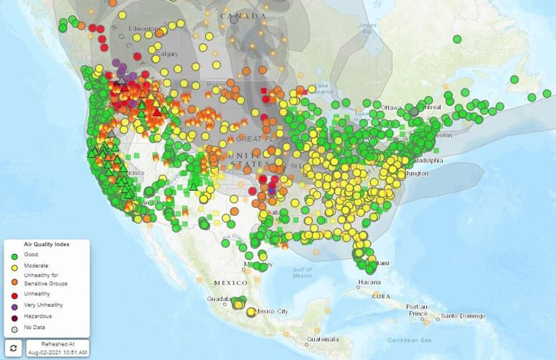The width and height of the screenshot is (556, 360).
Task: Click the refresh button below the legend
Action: pyautogui.click(x=14, y=348)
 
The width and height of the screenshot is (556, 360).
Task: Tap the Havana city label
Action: pyautogui.click(x=369, y=282)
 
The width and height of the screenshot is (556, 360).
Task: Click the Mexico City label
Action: pyautogui.click(x=273, y=311)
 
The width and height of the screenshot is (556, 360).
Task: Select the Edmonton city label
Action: pyautogui.click(x=142, y=28)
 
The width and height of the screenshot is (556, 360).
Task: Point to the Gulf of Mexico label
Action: pyautogui.click(x=302, y=271)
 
